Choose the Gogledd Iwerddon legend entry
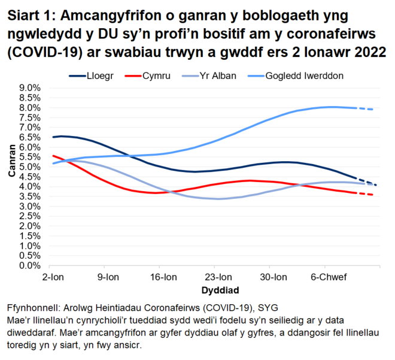tap(312, 75)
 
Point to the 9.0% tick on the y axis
tap(29, 88)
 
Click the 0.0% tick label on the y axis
tap(29, 265)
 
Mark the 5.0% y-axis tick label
tap(29, 167)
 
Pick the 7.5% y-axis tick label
tap(29, 117)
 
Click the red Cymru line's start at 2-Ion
tap(53, 156)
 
